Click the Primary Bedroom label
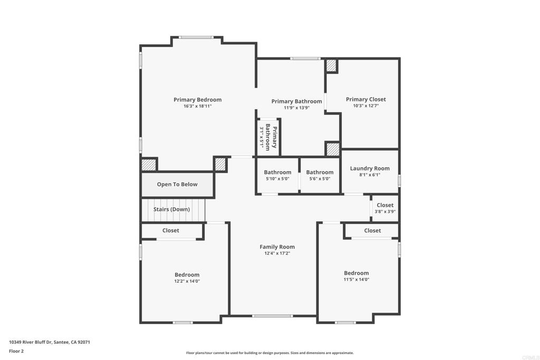point(197,100)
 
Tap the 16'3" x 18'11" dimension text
point(197,106)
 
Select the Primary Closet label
point(365,99)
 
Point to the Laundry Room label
point(370,169)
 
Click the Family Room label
point(277,247)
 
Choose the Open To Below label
point(177,184)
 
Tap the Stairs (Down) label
point(171,209)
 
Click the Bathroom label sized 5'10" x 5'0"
point(277,172)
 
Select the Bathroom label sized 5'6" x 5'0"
point(320,172)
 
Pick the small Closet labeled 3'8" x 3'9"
point(385,205)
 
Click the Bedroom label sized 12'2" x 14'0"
point(187,275)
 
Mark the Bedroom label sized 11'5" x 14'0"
point(356,273)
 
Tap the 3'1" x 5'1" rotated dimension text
point(261,137)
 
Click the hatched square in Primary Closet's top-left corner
point(331,66)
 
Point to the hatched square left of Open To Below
point(149,164)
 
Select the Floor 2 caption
point(16,351)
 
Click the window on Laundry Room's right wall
point(399,181)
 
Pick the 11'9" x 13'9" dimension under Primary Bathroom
point(296,108)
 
